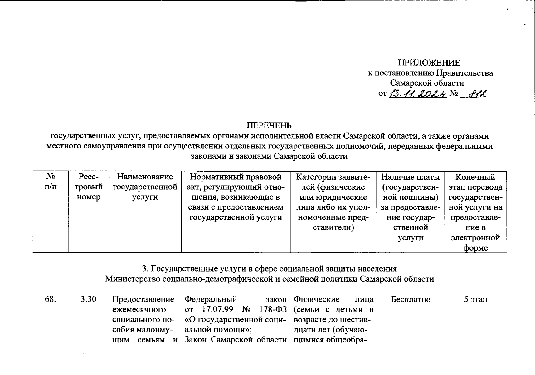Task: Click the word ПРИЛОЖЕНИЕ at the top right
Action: (430, 63)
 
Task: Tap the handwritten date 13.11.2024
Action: (417, 93)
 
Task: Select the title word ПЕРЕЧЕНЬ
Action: (269, 126)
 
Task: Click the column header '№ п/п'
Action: (51, 182)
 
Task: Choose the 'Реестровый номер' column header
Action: (89, 187)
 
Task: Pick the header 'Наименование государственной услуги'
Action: (145, 187)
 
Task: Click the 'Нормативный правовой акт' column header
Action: (236, 197)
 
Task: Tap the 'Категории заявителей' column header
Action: (333, 202)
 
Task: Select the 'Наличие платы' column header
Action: (411, 207)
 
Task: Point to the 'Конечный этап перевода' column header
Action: (475, 212)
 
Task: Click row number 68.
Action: (51, 299)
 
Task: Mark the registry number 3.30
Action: (88, 299)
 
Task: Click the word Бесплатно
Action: (411, 299)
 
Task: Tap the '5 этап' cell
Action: (475, 299)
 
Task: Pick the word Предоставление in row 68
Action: (143, 299)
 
